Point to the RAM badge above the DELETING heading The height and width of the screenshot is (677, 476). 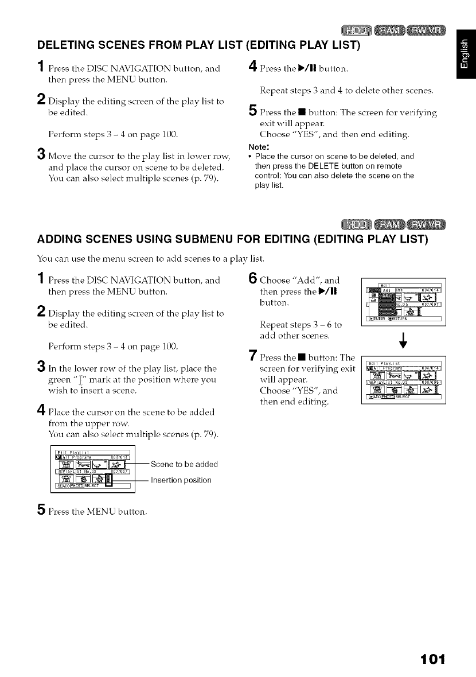[399, 29]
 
